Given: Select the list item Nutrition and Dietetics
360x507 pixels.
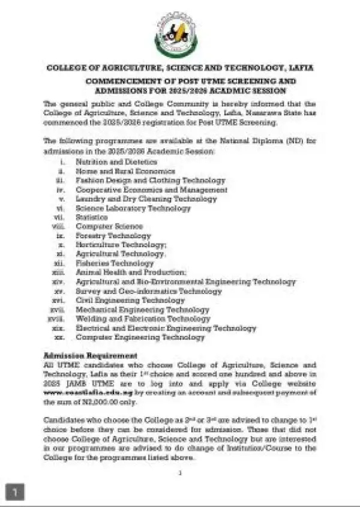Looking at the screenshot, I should [116, 162].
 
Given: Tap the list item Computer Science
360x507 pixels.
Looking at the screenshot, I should [109, 226].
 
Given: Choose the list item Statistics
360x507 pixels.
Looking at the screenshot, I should [92, 217].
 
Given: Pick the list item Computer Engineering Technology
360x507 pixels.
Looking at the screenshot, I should [140, 337].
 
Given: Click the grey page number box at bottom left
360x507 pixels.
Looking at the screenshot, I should [15, 491].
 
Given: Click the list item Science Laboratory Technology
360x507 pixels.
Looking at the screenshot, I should [133, 208].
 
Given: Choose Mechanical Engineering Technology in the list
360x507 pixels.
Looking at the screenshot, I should [142, 310].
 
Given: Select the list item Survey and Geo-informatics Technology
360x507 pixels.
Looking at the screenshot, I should [149, 291].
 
